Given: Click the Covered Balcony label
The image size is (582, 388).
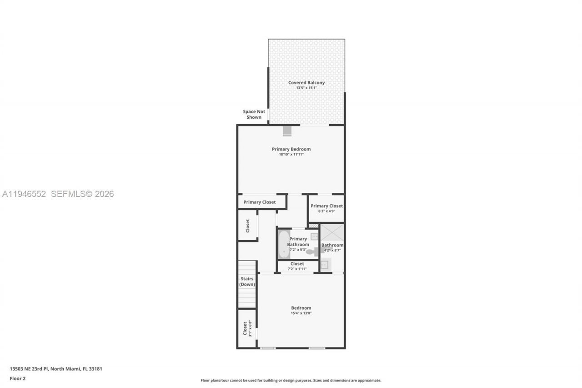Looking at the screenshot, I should click(306, 83).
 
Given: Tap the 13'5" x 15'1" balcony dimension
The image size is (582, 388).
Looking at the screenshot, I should click(306, 88).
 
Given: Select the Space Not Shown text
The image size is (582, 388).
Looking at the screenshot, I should click(254, 114).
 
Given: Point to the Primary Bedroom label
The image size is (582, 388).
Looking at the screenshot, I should click(291, 149).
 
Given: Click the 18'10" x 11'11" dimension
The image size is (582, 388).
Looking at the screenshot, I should click(291, 155).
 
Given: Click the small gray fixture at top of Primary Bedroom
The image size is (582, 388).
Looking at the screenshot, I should click(287, 131).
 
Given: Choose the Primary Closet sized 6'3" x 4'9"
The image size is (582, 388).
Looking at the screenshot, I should click(326, 208).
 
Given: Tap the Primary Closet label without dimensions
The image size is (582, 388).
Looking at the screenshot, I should click(259, 202).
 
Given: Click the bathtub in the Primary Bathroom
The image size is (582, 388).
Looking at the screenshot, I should click(284, 244).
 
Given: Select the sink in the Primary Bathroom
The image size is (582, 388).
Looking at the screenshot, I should click(314, 236).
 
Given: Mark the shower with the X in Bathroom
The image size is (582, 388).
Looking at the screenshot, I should click(332, 232).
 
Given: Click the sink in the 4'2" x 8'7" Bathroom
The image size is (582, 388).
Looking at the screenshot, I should click(325, 264).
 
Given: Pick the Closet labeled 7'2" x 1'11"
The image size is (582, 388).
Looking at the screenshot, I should click(297, 266).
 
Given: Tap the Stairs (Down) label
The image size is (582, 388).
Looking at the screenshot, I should click(247, 282).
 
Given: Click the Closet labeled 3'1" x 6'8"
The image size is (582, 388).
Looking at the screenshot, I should click(247, 328).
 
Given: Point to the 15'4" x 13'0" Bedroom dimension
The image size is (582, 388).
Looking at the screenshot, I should click(301, 313).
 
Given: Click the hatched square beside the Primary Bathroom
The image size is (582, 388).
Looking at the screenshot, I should click(314, 226).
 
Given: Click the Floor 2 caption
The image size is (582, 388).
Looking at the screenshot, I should click(18, 378).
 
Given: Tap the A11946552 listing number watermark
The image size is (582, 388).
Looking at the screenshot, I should click(25, 194).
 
